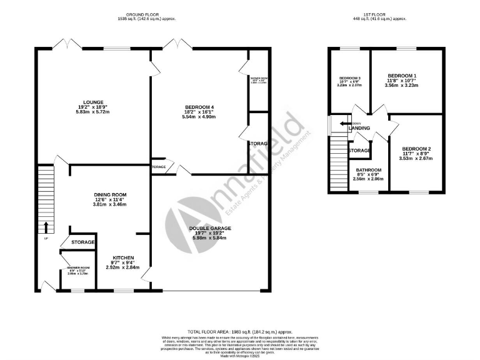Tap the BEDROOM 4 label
pyautogui.click(x=198, y=106)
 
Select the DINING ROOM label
pyautogui.click(x=110, y=194)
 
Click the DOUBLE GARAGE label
pyautogui.click(x=210, y=228)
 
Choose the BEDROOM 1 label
pyautogui.click(x=402, y=75)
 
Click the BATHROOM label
pyautogui.click(x=369, y=169)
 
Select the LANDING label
pyautogui.click(x=359, y=129)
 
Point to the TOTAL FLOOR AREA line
pyautogui.click(x=240, y=331)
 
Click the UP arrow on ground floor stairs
pyautogui.click(x=46, y=227)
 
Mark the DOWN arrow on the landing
pyautogui.click(x=342, y=124)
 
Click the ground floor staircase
pyautogui.click(x=46, y=200)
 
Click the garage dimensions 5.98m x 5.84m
pyautogui.click(x=210, y=239)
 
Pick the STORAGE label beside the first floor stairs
pyautogui.click(x=359, y=151)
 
